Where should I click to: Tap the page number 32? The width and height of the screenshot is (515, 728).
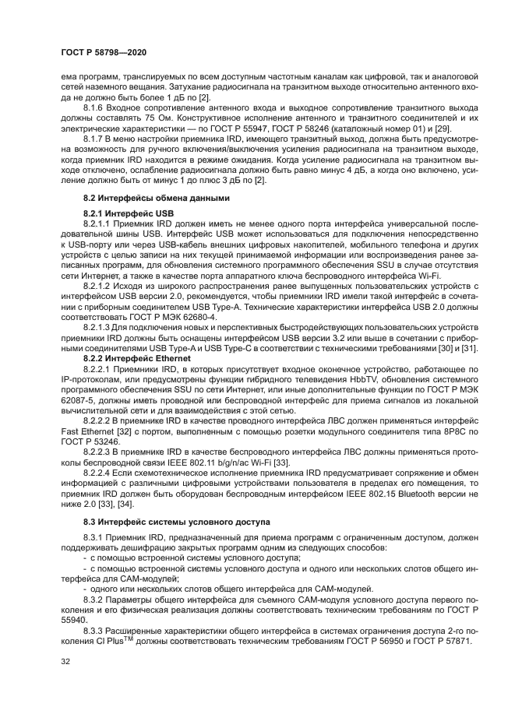pyautogui.click(x=65, y=662)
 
